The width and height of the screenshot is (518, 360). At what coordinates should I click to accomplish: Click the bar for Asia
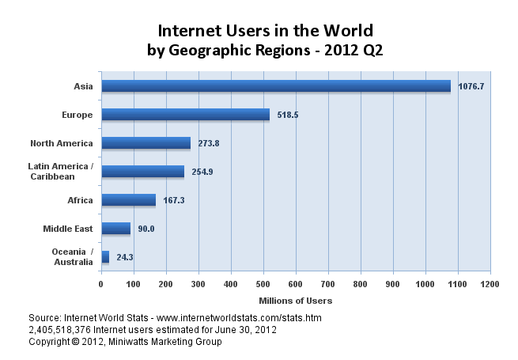coord(275,86)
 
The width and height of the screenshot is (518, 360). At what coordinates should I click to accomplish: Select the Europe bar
coord(185,115)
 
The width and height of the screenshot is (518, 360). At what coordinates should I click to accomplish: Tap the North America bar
coord(146,143)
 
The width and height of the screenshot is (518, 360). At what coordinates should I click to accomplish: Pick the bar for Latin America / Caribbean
coord(142,172)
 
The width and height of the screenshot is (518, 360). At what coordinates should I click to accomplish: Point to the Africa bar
coord(128,200)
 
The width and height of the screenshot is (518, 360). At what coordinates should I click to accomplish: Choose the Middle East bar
coord(115,229)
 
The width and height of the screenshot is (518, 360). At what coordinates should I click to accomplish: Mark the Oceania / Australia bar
coord(105,257)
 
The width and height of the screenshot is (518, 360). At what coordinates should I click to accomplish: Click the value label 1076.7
coord(471,86)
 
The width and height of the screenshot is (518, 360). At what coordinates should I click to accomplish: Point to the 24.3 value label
coord(125,257)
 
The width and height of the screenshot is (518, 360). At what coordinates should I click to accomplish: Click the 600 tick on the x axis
coord(296,283)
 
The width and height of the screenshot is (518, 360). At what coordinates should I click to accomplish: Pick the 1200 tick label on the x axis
coord(490,283)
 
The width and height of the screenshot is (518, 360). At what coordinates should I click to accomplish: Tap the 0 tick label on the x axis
coord(101,283)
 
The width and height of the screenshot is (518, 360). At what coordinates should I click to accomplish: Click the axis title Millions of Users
coord(295,301)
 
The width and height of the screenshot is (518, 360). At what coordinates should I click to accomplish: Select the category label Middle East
coord(67,229)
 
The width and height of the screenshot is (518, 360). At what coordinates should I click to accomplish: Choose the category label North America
coord(61,143)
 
